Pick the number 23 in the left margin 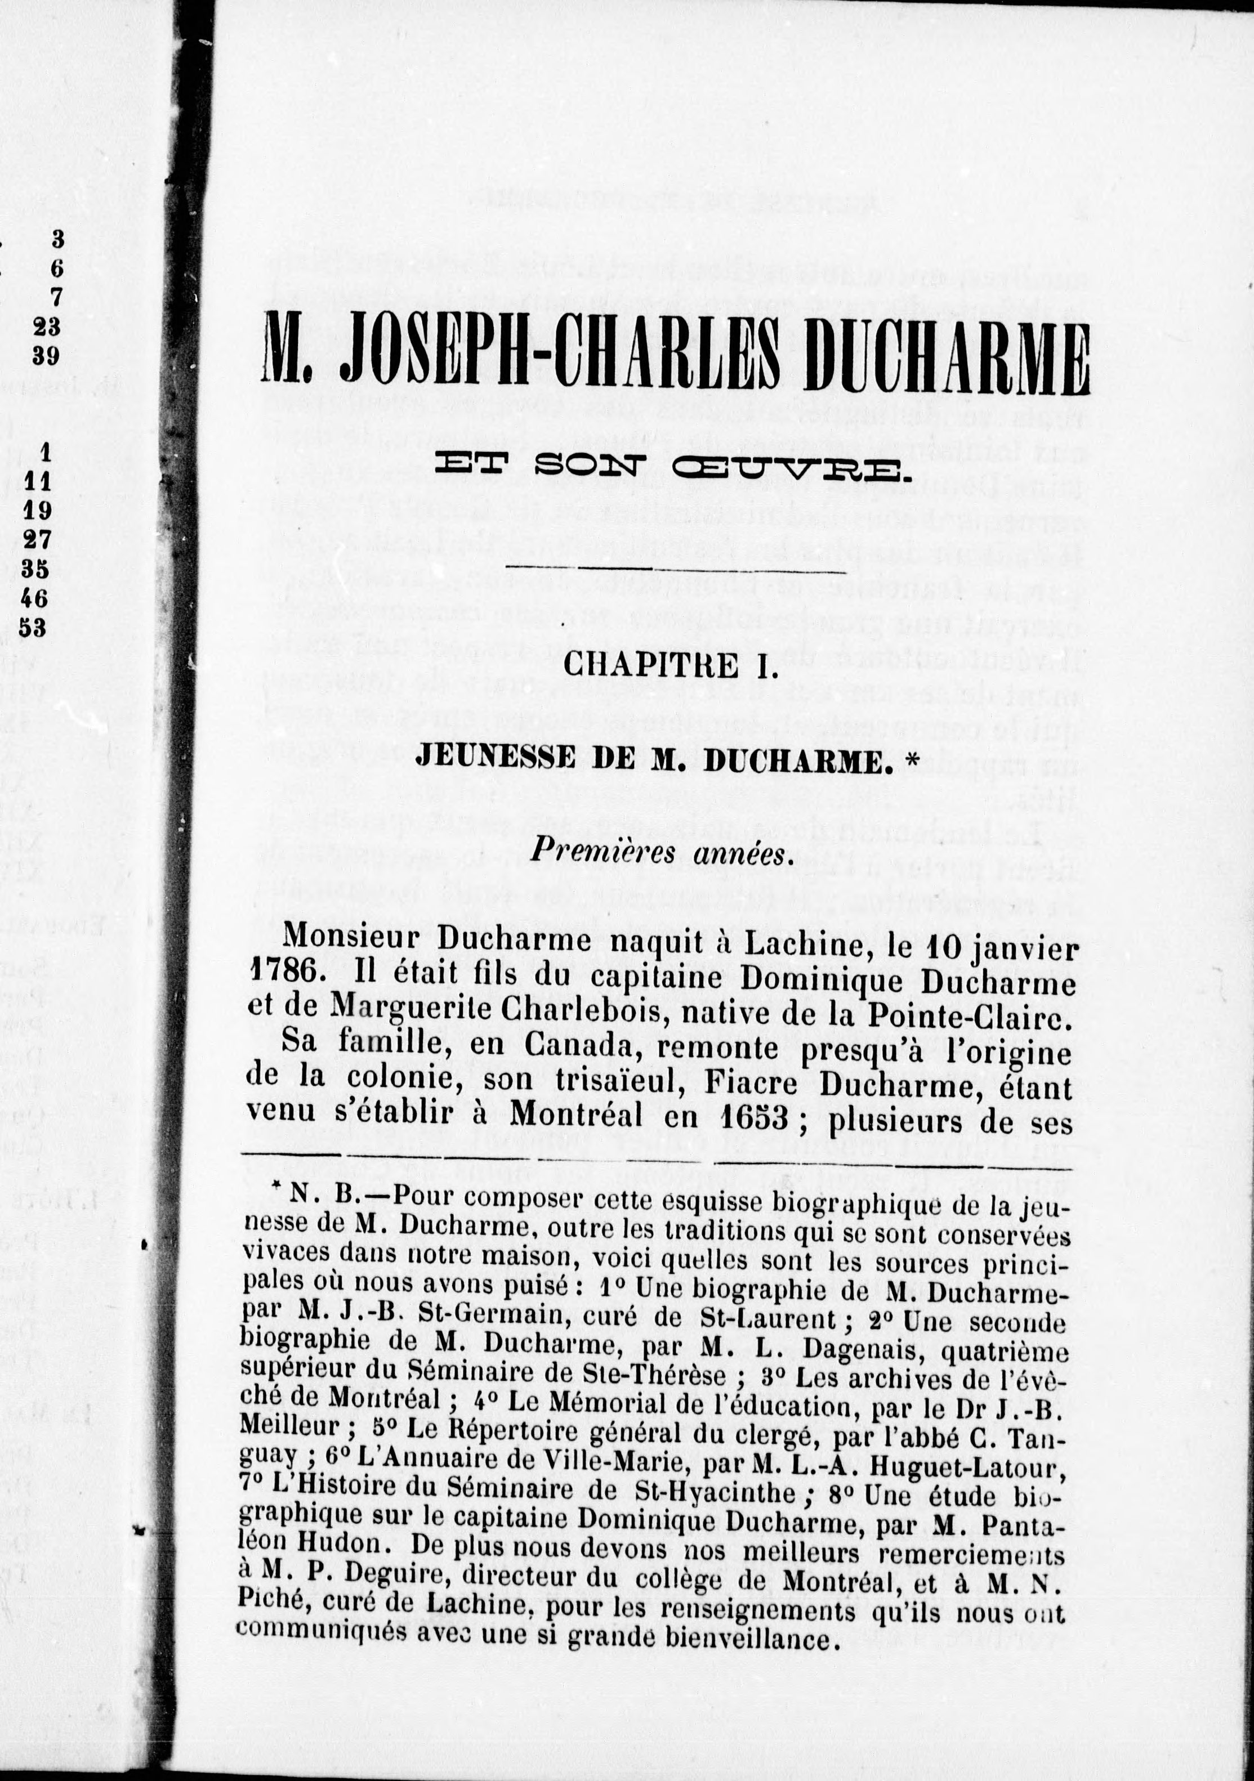48,326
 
